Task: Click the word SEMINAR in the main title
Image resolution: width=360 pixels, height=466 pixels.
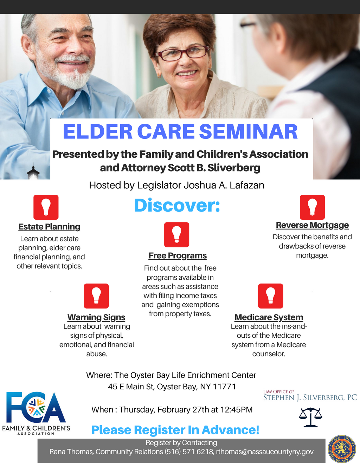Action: [249, 131]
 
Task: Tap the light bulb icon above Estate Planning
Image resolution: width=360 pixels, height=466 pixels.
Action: [46, 207]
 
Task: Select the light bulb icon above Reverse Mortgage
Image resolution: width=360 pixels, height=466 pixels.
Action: [312, 207]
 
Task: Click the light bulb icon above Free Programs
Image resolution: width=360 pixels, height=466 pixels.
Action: [176, 235]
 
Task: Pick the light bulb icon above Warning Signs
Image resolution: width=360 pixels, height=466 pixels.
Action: [96, 296]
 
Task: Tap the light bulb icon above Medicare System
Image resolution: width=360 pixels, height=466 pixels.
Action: [271, 296]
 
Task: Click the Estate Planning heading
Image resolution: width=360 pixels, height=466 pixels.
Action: [49, 227]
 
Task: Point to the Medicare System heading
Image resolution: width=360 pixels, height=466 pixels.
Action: [269, 317]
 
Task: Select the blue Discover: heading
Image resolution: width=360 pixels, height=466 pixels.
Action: [177, 206]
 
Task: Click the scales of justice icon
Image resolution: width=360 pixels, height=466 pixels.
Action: [311, 417]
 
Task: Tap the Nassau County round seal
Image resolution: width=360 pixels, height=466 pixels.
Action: [342, 449]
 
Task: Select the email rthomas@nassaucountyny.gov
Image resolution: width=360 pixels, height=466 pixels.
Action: [265, 452]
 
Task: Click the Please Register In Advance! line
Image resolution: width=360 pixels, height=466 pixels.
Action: [175, 430]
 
